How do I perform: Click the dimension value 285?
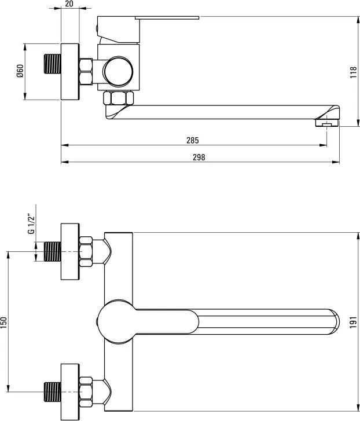(193, 140)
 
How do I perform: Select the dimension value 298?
(199, 158)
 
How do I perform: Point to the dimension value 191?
(353, 322)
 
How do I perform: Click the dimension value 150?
(3, 323)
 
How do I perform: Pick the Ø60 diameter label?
(20, 71)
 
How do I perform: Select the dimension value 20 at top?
(69, 3)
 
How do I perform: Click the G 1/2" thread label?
(31, 224)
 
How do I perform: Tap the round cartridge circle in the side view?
(118, 72)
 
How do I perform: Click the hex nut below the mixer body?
(118, 98)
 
